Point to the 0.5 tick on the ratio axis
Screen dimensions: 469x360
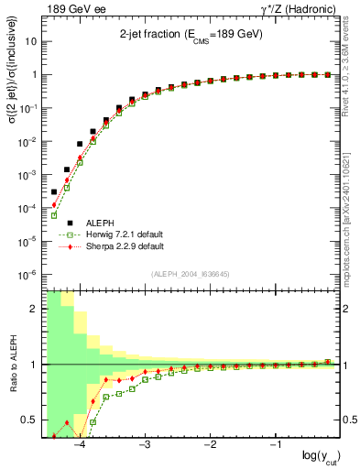(x=30, y=420)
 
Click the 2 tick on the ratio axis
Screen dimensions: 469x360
(x=34, y=309)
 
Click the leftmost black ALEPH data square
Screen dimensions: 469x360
(x=54, y=191)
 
